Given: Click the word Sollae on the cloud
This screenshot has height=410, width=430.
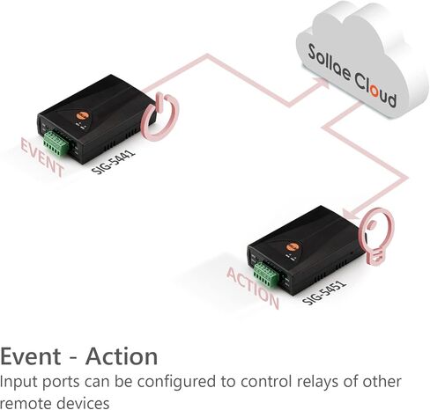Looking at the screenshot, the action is pos(329,62).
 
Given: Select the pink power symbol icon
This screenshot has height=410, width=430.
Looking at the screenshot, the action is pos(159,116).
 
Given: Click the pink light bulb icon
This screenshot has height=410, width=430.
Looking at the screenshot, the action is pos(376,236).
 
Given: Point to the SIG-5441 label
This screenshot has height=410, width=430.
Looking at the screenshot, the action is pos(113,162).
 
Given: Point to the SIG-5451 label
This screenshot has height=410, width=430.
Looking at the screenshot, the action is pos(324,293).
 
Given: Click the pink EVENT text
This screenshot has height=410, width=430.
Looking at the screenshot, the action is pos(41,158).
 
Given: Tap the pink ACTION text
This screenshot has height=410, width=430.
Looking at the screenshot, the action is pos(253,289).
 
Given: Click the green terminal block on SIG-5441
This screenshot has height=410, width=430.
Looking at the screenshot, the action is pos(56,143).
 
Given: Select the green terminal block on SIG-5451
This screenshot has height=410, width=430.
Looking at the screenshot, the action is pos(266,275).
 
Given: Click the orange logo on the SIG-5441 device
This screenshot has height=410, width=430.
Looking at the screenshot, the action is pos(82,115).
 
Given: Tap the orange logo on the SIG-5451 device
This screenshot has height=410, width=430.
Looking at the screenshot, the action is pos(293,246).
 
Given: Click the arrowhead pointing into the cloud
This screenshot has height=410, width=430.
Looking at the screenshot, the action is pos(322,83).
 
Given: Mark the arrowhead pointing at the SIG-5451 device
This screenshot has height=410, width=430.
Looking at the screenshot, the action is pos(351,213).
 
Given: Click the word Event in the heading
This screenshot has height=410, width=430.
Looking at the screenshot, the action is pos(30,356).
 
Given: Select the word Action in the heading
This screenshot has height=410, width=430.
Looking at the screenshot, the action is pos(122,356).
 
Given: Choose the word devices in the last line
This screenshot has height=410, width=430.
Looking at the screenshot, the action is pos(82,403).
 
